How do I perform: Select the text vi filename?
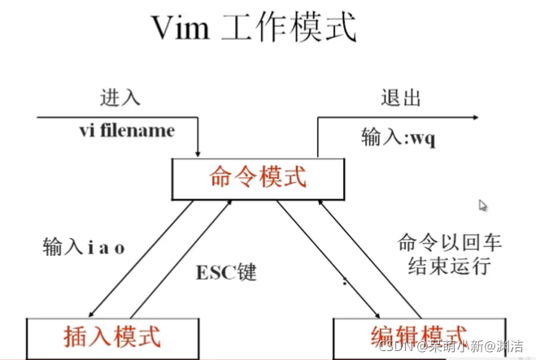[126, 130]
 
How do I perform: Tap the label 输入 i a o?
[84, 247]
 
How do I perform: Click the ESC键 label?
[227, 271]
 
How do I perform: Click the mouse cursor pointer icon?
[482, 206]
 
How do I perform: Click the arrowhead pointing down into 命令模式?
[198, 153]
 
